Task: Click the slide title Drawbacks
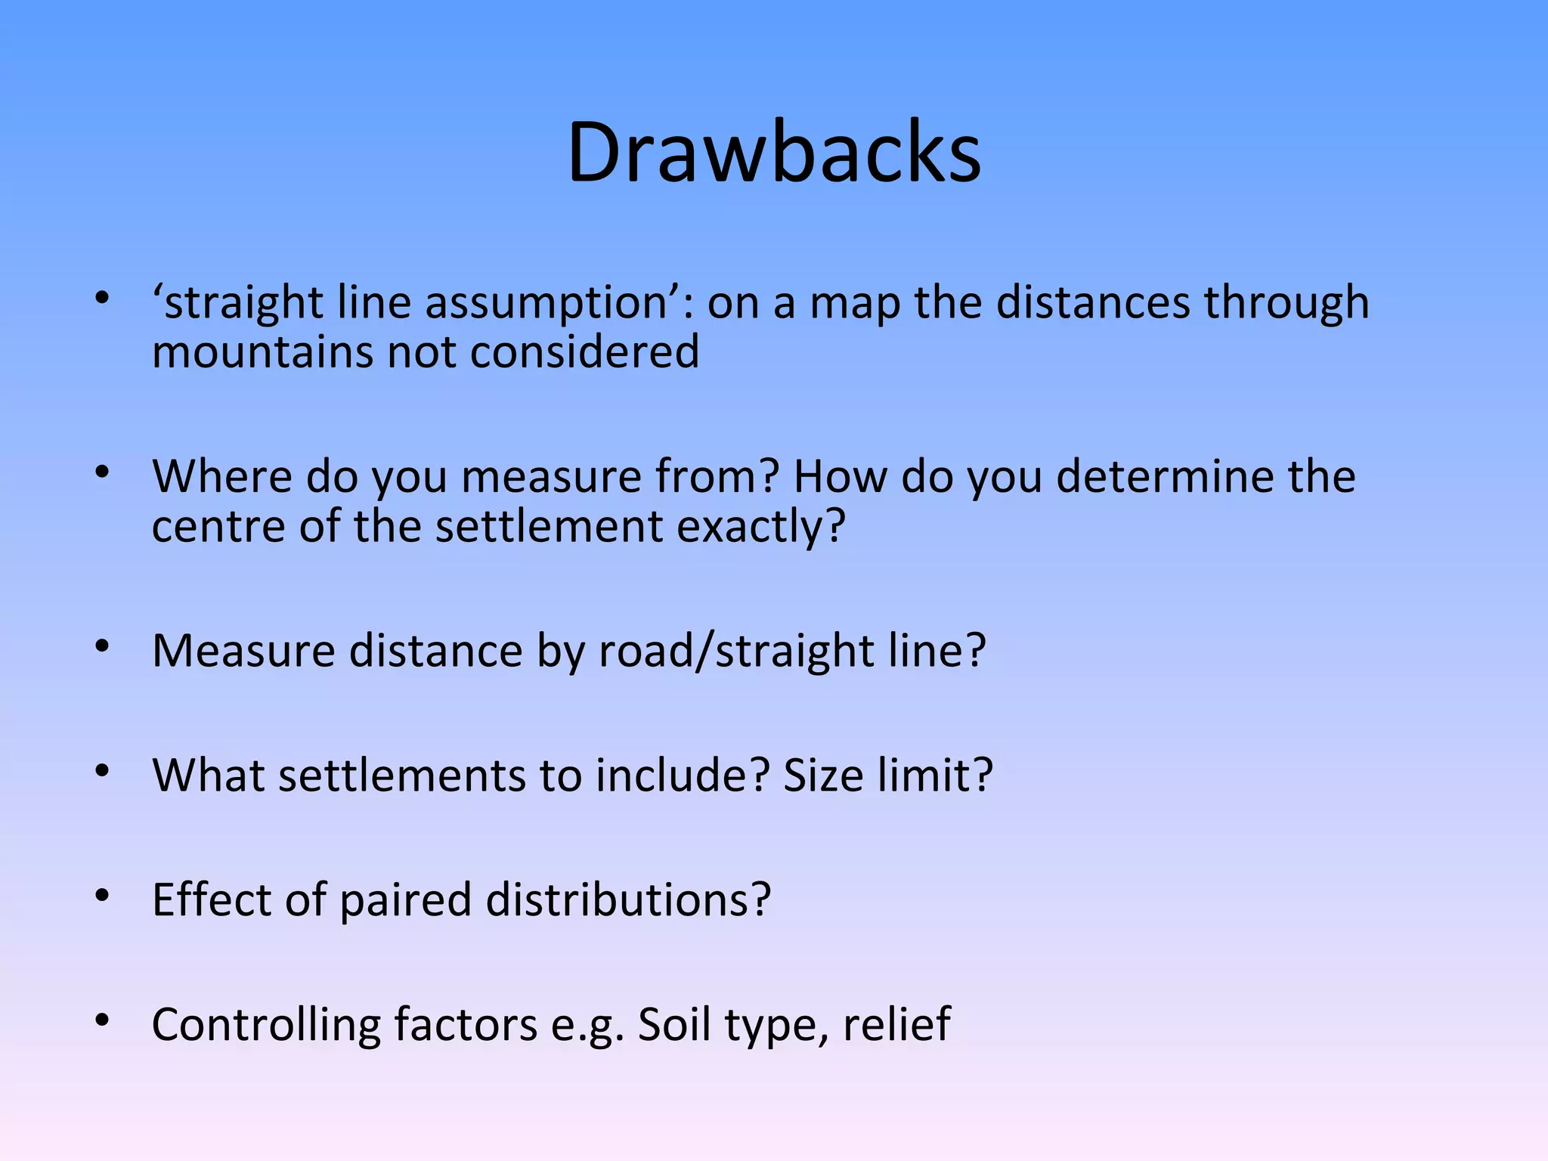pos(774,153)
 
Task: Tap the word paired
pos(405,900)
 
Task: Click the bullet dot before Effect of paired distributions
pos(102,896)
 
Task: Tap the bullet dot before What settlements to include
pos(102,772)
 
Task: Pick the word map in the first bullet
pos(855,304)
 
